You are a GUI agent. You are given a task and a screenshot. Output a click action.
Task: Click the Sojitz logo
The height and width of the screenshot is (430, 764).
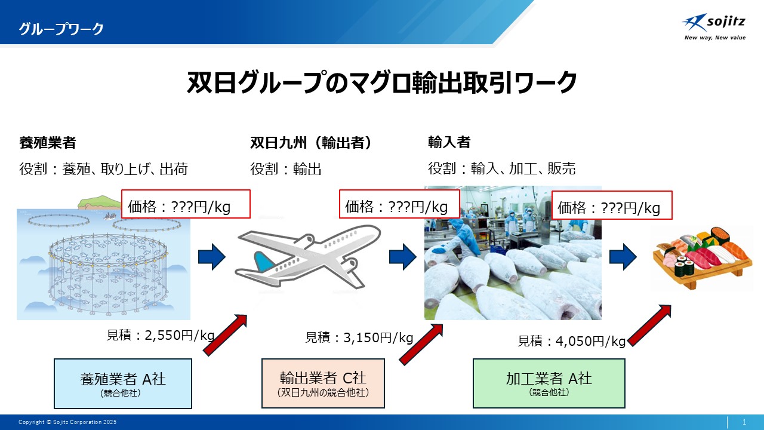coord(714,27)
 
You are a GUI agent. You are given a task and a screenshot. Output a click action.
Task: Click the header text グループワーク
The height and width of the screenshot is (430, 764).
coord(61,29)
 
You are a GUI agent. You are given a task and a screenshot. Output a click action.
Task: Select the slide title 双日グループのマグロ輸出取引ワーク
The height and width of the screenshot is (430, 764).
coord(381,82)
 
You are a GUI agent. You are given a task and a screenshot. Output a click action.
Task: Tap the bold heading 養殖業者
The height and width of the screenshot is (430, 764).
coord(47,143)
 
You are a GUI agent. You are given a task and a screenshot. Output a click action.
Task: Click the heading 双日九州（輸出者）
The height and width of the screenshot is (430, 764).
coord(311,143)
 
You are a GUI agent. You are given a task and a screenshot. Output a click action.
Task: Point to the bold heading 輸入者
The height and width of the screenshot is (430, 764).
coord(449,142)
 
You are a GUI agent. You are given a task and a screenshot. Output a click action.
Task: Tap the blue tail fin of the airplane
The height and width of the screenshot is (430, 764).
coord(264,261)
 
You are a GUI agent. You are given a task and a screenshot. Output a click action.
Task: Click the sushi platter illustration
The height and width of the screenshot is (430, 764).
coord(703,259)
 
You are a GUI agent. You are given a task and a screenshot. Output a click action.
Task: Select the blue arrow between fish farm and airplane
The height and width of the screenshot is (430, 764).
coord(212,257)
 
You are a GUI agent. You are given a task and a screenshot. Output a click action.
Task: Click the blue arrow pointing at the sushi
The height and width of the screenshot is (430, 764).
coord(623,257)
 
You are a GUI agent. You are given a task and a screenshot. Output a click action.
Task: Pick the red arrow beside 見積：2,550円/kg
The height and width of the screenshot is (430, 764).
coord(225,335)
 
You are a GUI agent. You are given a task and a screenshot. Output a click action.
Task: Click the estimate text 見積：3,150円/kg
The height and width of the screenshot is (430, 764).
coord(359,337)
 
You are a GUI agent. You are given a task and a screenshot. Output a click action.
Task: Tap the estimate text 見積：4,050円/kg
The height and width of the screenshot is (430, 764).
coord(571,341)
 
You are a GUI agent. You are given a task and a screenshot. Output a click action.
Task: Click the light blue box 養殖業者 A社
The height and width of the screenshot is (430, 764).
coord(123,383)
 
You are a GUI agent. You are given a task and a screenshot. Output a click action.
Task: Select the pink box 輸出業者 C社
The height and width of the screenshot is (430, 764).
coord(323,383)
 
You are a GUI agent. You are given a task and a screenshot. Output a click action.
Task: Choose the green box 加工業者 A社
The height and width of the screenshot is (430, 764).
coord(549,383)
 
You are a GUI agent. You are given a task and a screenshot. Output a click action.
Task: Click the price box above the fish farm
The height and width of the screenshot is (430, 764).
coord(186,204)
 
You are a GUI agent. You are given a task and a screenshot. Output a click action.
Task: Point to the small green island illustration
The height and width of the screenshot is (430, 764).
coord(99,202)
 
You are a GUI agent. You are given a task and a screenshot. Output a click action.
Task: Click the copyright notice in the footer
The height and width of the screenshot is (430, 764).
coord(67,422)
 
